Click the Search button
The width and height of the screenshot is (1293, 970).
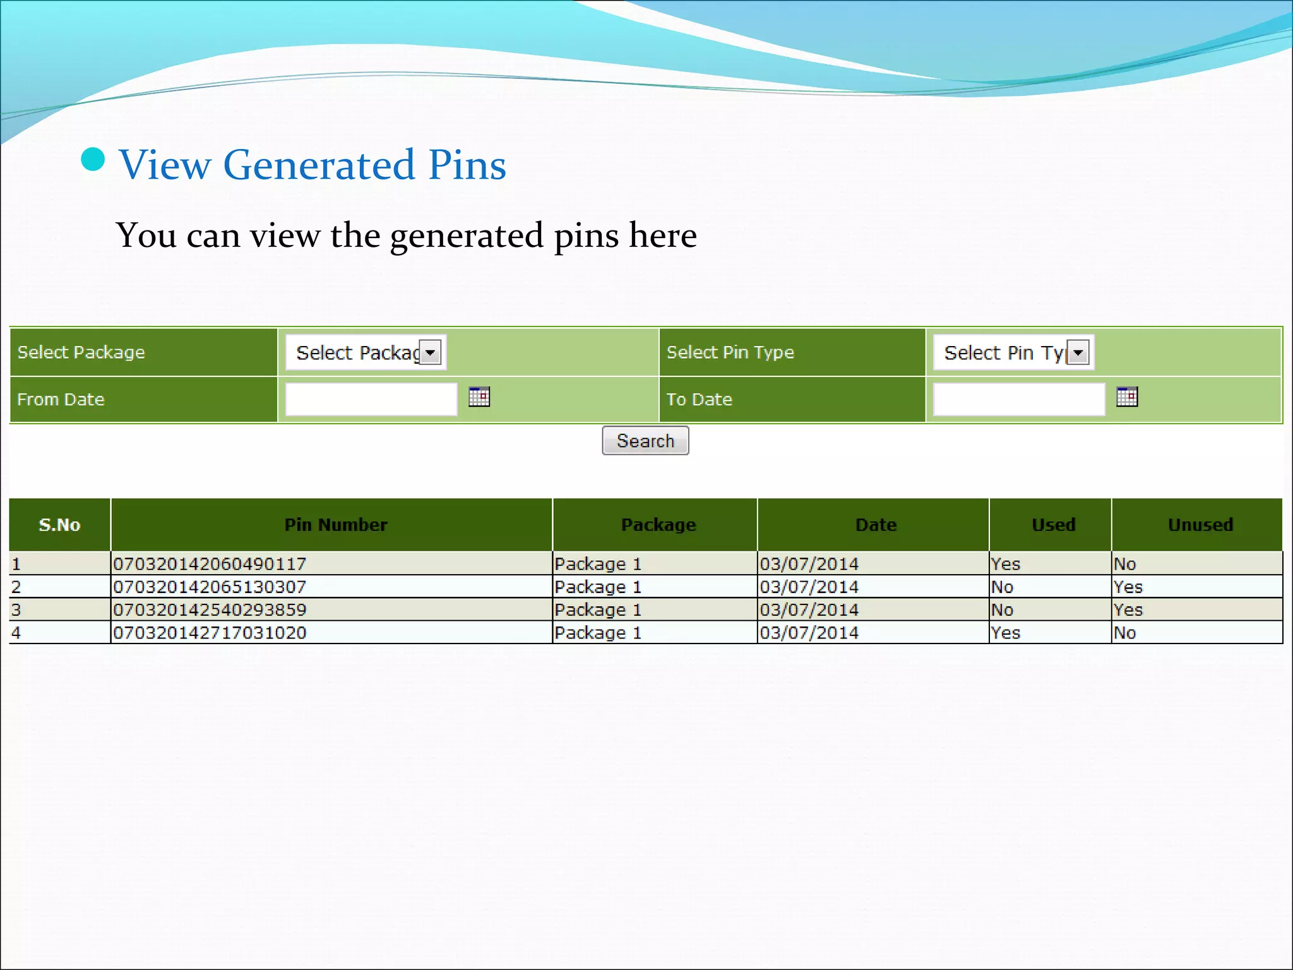coord(645,440)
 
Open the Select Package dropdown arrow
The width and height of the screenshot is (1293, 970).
coord(430,352)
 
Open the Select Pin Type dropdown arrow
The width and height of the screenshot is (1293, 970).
coord(1078,352)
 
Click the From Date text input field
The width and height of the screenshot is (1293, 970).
coord(371,399)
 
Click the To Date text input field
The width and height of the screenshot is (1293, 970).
coord(1019,399)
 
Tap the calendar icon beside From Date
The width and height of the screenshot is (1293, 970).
coord(479,397)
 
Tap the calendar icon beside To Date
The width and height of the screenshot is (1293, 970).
coord(1127,397)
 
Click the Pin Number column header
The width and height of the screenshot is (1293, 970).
coord(335,525)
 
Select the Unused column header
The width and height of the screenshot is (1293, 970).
coord(1200,525)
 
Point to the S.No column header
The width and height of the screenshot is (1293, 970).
coord(59,525)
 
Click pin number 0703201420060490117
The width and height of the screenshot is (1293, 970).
coord(210,564)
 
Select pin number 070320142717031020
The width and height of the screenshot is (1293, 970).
coord(210,633)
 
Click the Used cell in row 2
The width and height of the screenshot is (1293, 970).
coord(1002,587)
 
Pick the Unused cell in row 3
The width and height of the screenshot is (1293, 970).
coord(1128,610)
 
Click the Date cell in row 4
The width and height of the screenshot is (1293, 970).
coord(809,633)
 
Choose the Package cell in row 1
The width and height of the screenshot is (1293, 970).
coord(598,564)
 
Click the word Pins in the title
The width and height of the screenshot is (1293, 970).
coord(467,165)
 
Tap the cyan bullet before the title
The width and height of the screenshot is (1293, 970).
coord(93,159)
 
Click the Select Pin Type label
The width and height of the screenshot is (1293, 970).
coord(730,352)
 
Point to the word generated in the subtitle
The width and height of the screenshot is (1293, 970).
coord(466,236)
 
